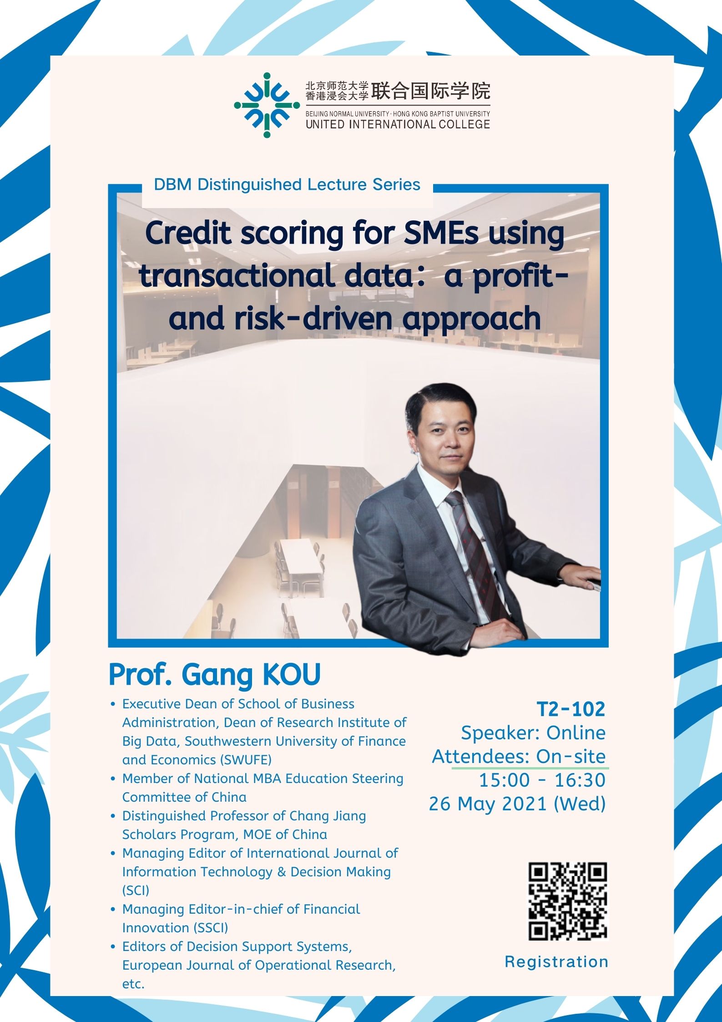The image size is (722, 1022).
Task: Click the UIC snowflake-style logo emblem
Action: (x=267, y=105)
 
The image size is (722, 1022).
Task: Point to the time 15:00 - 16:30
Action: (x=542, y=780)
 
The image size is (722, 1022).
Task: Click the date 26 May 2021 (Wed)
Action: (x=517, y=803)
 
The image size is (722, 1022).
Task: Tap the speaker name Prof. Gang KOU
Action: (x=215, y=675)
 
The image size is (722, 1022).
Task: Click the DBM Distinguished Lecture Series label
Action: (x=287, y=184)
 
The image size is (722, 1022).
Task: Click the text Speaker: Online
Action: (x=533, y=733)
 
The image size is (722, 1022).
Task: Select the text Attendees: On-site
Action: (x=519, y=756)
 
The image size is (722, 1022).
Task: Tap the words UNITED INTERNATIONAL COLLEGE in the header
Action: (x=398, y=124)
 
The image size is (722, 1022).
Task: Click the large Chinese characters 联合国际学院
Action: (x=431, y=92)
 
